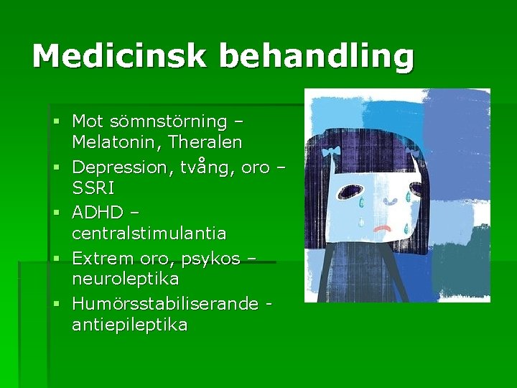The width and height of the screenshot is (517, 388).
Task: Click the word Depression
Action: coord(121,167)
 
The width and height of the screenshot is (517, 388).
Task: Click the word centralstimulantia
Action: coord(149,234)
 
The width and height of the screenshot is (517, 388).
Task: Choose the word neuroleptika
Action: coord(125,278)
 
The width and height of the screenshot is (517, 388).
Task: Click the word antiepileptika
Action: coord(130,325)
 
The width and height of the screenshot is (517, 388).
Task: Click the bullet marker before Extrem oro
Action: coord(56,257)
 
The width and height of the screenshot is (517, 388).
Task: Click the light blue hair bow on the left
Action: coord(331,152)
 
